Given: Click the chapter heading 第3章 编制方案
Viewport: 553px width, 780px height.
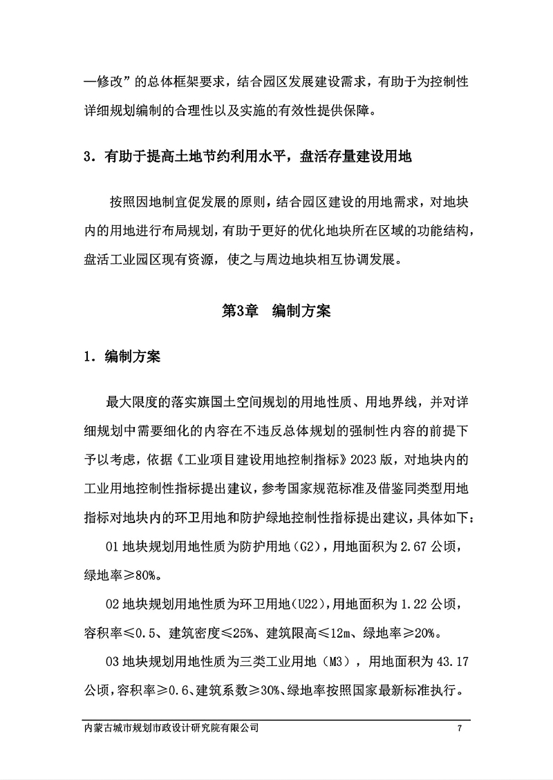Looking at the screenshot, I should tap(276, 311).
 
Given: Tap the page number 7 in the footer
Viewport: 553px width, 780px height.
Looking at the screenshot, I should tap(459, 728).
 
